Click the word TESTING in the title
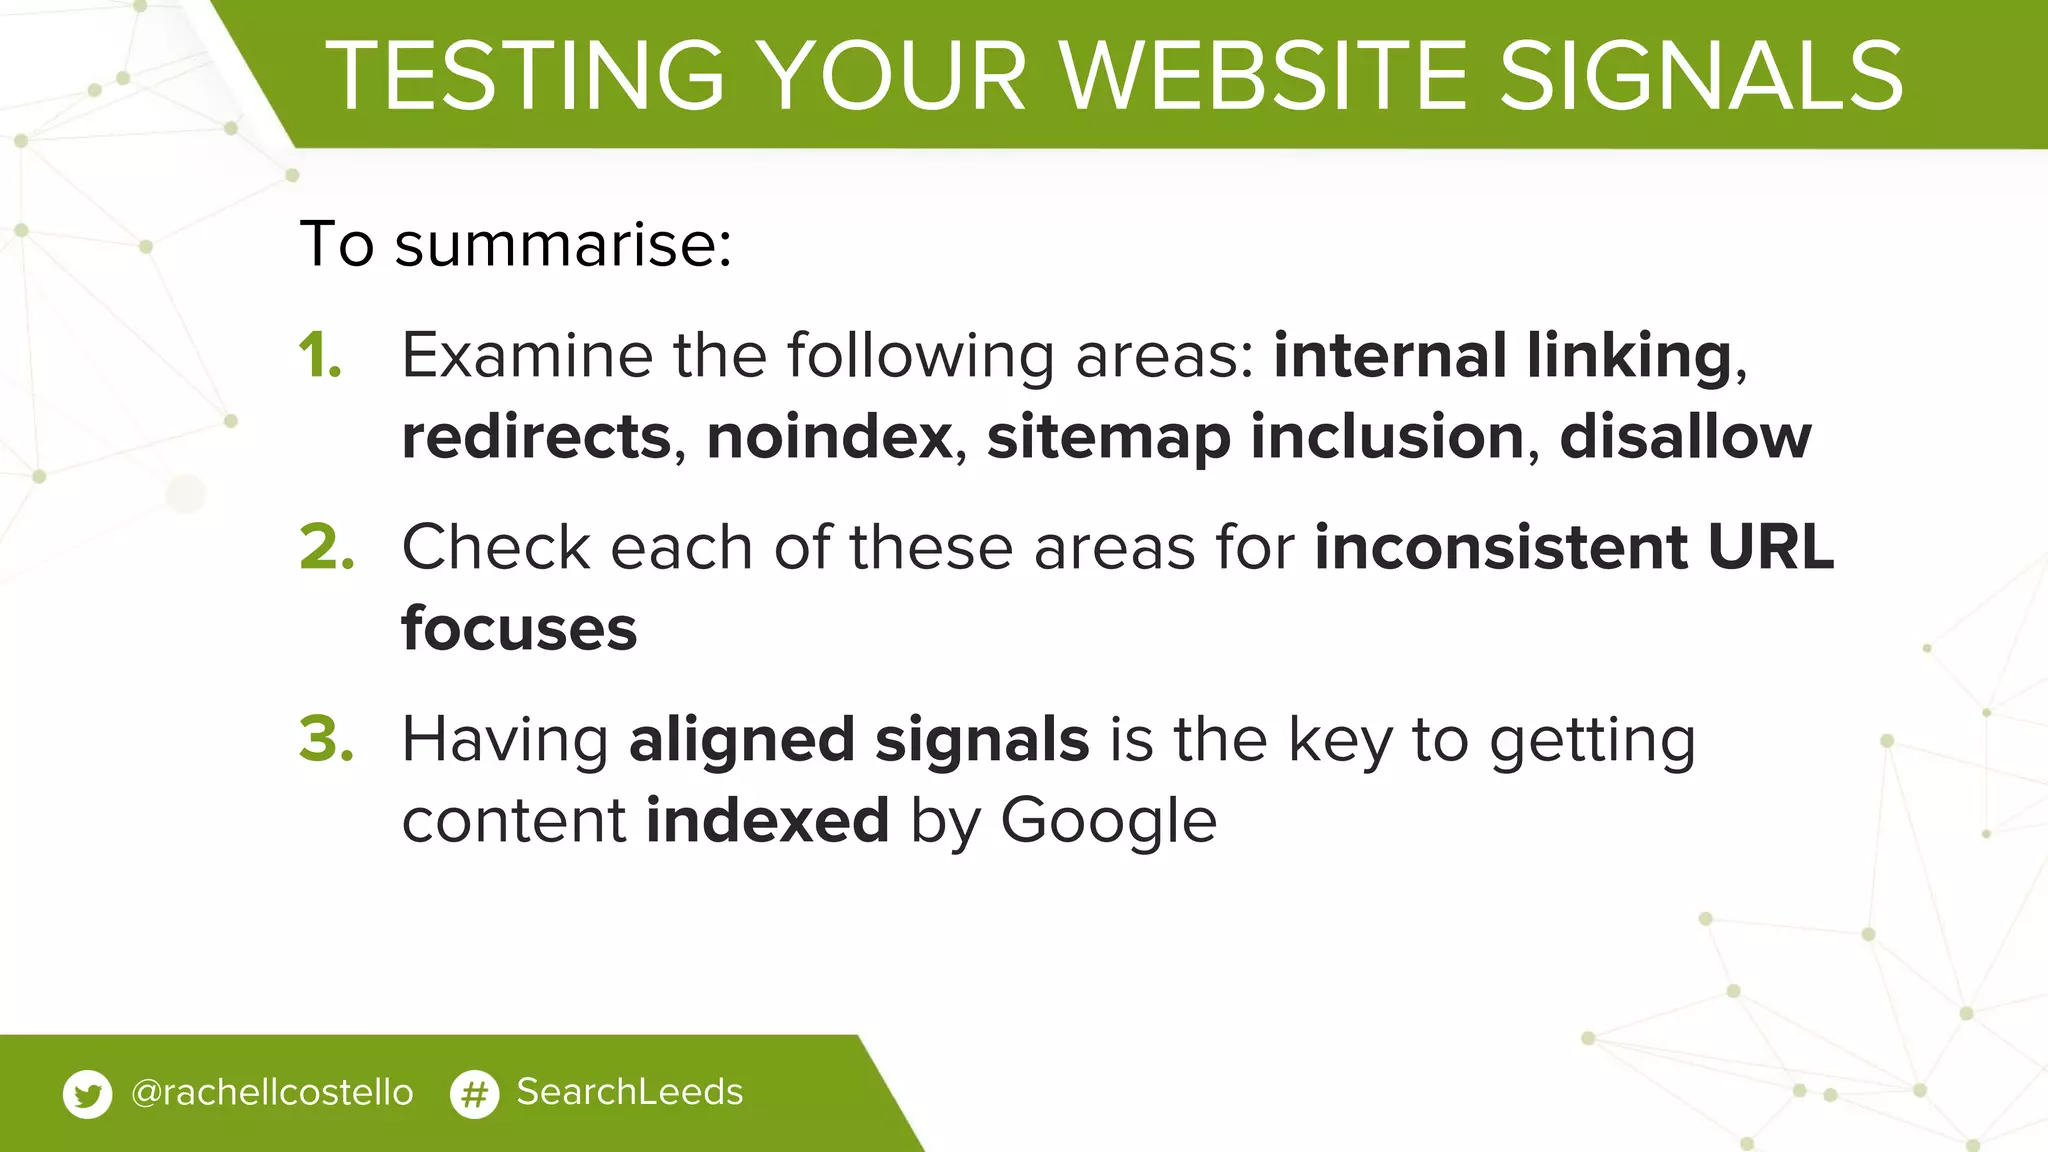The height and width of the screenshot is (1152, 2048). point(525,76)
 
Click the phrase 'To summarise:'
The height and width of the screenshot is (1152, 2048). point(516,243)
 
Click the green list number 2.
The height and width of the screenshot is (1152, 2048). point(327,547)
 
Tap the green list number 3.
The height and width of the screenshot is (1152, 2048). point(327,739)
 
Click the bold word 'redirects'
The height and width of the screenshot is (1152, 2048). point(536,437)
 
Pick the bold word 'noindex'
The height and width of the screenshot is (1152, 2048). point(829,437)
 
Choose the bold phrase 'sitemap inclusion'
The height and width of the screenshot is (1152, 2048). point(1255,437)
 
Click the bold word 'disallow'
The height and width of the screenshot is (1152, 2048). point(1685,437)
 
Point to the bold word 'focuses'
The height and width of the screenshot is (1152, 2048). point(519,629)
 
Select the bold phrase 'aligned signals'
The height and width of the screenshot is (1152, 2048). point(859,740)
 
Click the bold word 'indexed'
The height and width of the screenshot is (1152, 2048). point(767,821)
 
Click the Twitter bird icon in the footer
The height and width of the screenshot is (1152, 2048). point(87,1094)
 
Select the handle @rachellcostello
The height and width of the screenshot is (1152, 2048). point(272,1092)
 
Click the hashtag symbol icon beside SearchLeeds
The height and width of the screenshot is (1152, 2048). point(474,1094)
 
